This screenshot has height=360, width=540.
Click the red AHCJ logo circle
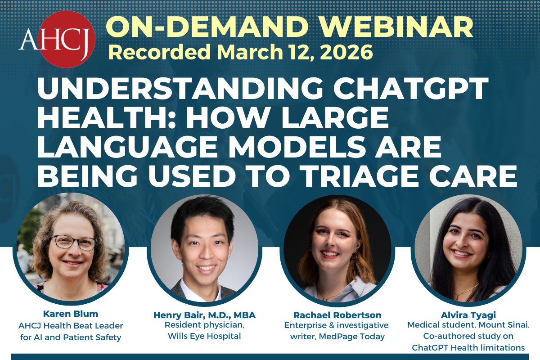[66, 39]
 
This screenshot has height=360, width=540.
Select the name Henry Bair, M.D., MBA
[205, 315]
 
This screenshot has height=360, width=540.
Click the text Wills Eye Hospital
[205, 336]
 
